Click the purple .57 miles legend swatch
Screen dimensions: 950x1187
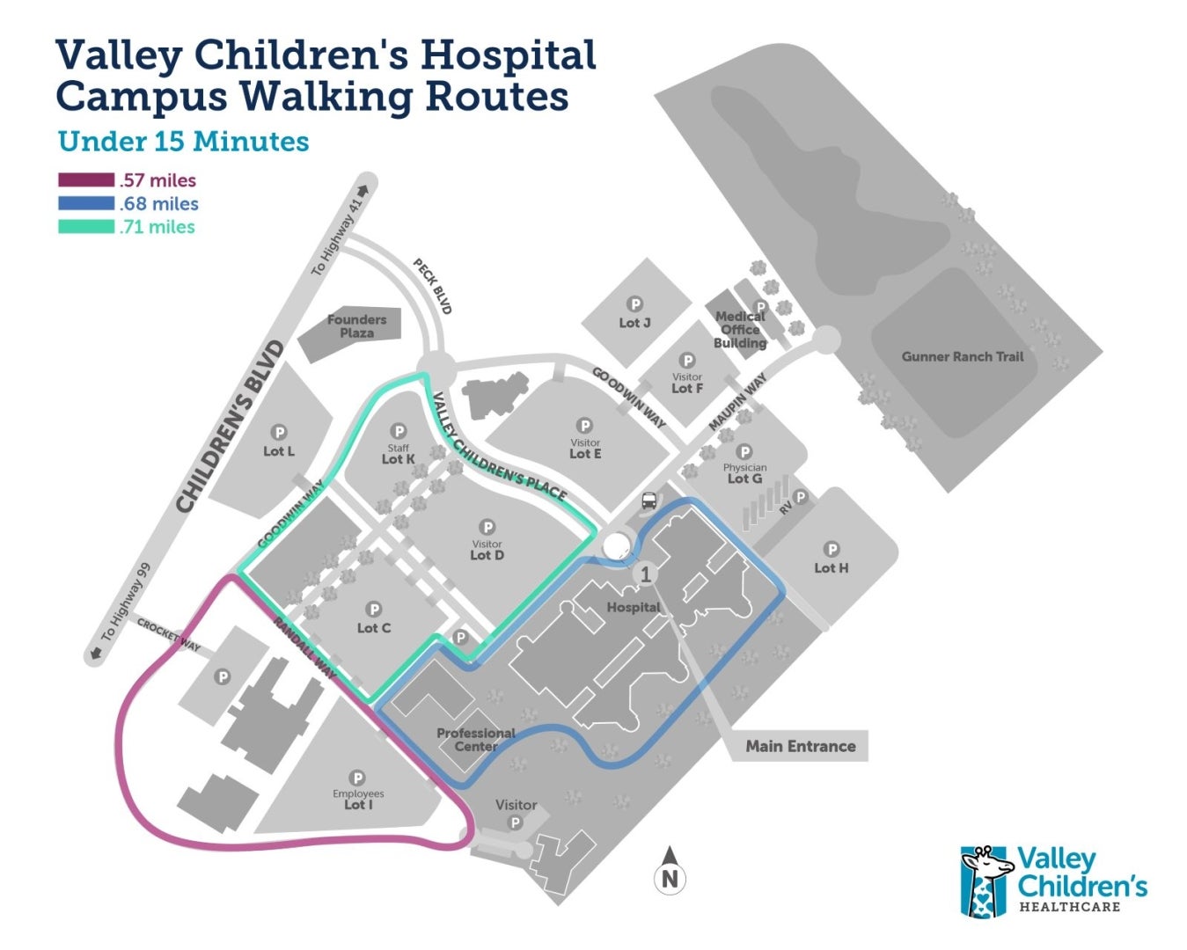coord(86,180)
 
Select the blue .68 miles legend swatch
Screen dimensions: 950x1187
coord(86,203)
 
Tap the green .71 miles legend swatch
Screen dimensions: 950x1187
coord(86,227)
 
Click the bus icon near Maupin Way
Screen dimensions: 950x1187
coord(649,501)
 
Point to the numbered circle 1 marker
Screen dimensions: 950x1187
coord(646,574)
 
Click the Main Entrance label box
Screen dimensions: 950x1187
coord(800,746)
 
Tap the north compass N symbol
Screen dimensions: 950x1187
coord(670,877)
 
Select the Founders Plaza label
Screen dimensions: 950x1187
coord(356,326)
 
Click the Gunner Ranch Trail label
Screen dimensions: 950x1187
coord(963,356)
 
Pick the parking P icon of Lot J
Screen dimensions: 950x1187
coord(635,305)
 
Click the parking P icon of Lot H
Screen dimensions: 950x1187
coord(832,550)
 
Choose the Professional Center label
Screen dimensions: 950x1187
coord(476,740)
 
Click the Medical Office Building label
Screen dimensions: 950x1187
coord(740,329)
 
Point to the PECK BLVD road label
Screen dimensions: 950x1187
coord(433,287)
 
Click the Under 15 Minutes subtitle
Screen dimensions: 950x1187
coord(183,142)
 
